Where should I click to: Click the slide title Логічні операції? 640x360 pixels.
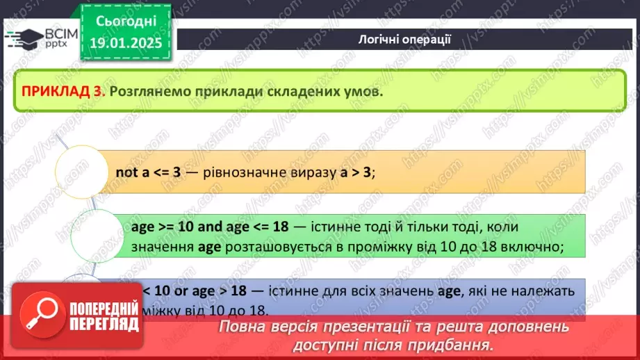406,39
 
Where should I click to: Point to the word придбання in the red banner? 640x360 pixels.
457,345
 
